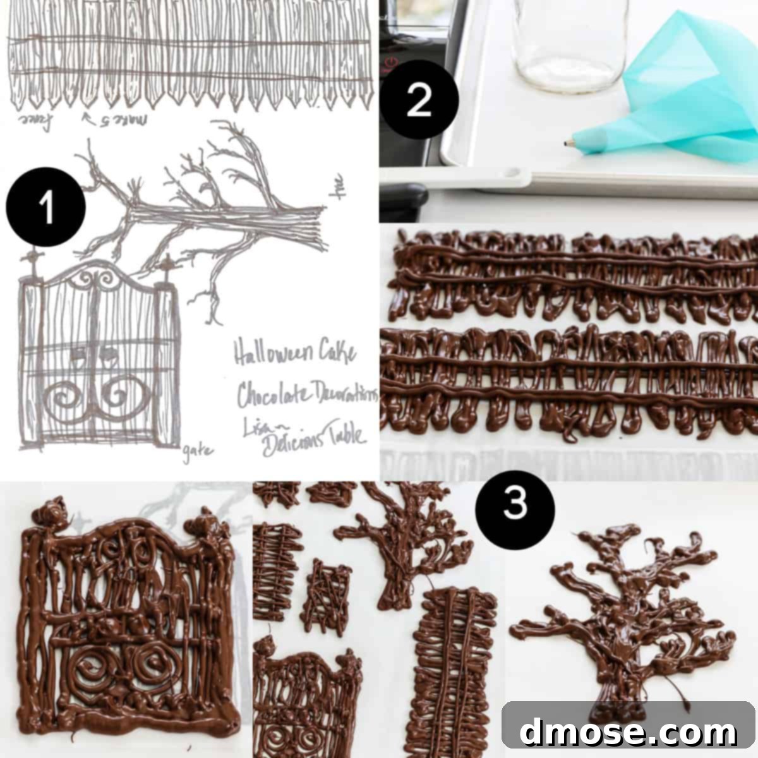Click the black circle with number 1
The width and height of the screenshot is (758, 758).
pos(45,207)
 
